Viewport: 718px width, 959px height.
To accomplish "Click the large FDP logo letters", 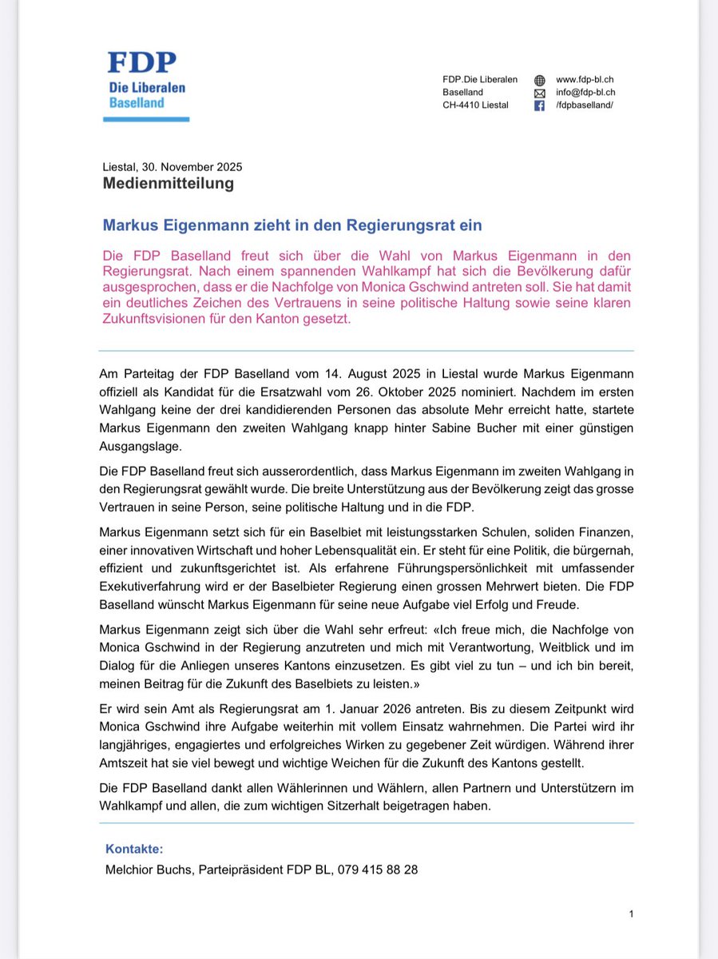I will click(143, 64).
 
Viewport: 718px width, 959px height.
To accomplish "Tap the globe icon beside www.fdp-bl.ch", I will click(539, 81).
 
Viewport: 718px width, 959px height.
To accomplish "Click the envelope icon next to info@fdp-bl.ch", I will click(539, 94).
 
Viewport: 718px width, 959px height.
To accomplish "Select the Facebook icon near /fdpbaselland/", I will click(539, 106).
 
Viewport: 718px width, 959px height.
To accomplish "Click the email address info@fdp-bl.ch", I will click(586, 93).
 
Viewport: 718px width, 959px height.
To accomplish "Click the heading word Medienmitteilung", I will click(168, 184).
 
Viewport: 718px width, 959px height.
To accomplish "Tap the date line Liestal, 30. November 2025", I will click(172, 167).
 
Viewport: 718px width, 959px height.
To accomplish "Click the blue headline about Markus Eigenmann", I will click(293, 226).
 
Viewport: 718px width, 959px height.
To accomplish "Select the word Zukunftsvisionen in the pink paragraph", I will click(156, 319).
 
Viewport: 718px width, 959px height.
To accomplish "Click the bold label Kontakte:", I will click(134, 850).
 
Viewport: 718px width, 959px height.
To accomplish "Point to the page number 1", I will click(631, 913).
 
